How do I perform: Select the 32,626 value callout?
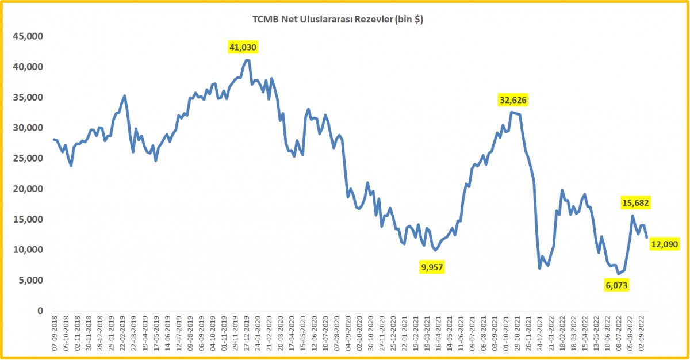tap(513, 100)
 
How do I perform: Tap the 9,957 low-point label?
tap(432, 267)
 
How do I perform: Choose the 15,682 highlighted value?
tap(635, 202)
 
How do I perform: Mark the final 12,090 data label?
tap(665, 244)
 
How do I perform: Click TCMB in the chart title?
tap(264, 20)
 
